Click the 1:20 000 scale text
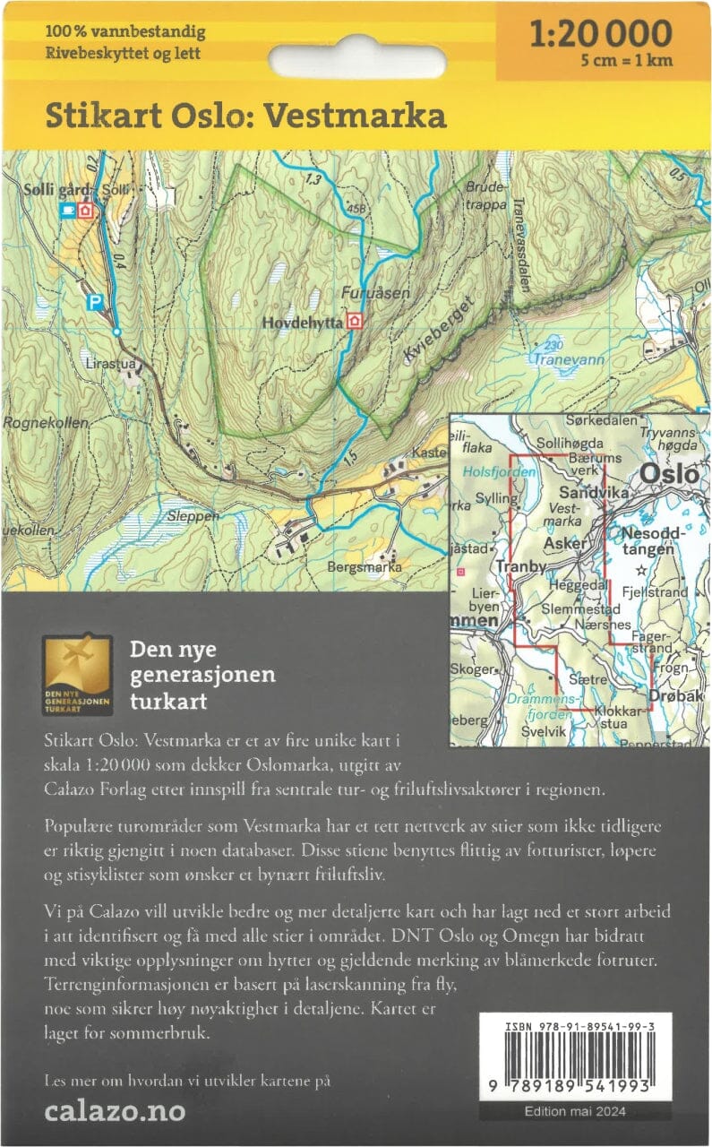600,34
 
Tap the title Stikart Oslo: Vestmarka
246,116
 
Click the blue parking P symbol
94,303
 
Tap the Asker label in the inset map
567,545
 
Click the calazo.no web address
115,1112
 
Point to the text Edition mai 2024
575,1112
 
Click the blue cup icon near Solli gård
66,210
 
